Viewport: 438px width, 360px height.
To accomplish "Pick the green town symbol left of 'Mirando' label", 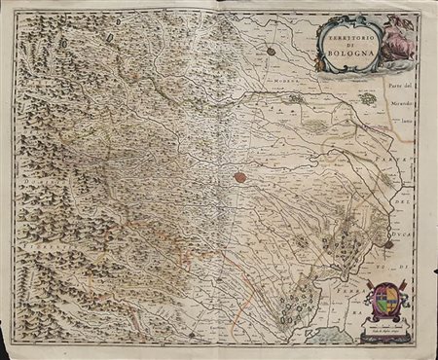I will pyautogui.click(x=368, y=98).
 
